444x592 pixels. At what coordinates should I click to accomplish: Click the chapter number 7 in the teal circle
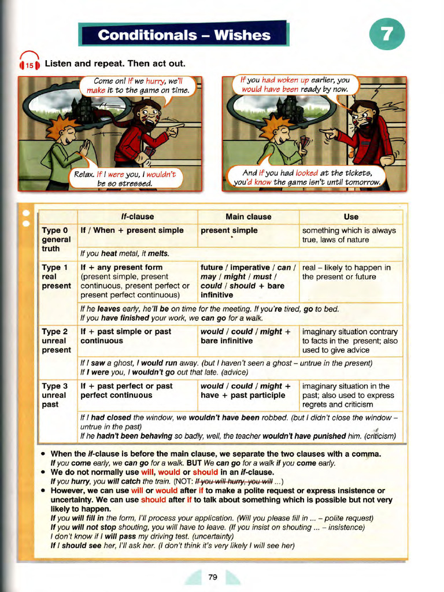[x=387, y=35]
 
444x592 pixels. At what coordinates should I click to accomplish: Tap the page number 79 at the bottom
[x=212, y=576]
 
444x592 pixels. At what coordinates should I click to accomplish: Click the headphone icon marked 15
[x=29, y=64]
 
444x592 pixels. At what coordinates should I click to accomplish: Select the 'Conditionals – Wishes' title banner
[x=184, y=35]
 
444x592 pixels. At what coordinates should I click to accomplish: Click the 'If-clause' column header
[x=138, y=217]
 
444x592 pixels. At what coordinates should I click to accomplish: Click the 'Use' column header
[x=350, y=217]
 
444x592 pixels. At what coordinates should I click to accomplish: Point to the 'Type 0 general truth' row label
[x=56, y=239]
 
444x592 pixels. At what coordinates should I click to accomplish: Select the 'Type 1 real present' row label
[x=56, y=276]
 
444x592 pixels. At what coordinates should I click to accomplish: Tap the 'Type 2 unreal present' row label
[x=56, y=341]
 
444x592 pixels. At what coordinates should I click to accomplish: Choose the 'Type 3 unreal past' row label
[x=56, y=395]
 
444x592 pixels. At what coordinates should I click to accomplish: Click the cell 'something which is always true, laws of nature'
[x=349, y=235]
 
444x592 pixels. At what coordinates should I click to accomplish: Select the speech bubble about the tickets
[x=308, y=177]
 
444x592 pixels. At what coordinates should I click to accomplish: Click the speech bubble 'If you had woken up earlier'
[x=295, y=85]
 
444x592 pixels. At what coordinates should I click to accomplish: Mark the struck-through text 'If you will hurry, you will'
[x=234, y=481]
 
